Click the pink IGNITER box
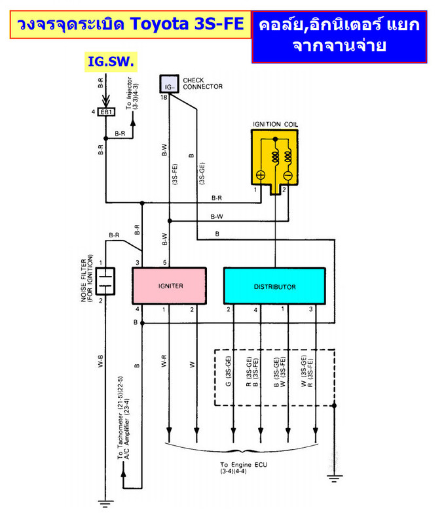coord(169,286)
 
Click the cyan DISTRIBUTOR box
coord(274,286)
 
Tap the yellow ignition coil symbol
coord(274,161)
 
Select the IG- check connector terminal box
coord(169,84)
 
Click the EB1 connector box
coord(106,112)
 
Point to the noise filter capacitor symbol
coord(105,281)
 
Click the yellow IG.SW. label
coord(111,61)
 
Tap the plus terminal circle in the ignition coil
coord(261,175)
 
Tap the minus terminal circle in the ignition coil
coord(288,175)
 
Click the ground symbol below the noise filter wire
coord(105,503)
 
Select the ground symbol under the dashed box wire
coord(335,479)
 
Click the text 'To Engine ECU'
coord(244,465)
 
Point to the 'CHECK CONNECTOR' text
coord(202,84)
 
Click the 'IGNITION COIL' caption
coord(275,124)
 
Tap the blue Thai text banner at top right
coord(339,37)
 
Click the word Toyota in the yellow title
coord(159,24)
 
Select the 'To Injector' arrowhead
coord(133,122)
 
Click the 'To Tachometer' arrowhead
coord(123,473)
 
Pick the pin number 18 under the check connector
coord(164,97)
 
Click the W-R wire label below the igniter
coord(164,362)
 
